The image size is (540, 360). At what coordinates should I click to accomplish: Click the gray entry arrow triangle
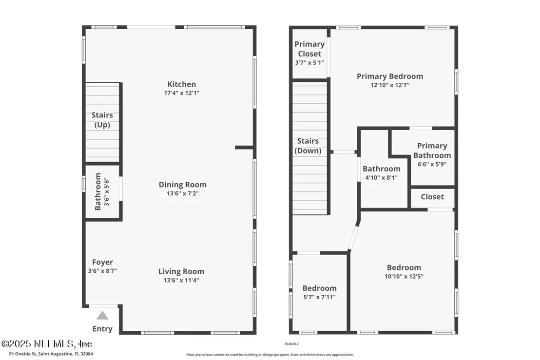pyautogui.click(x=102, y=316)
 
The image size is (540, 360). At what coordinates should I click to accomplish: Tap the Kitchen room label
pyautogui.click(x=181, y=84)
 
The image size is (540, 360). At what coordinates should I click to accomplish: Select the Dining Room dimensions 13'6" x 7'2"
pyautogui.click(x=183, y=193)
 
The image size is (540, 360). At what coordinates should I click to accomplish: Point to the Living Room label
pyautogui.click(x=181, y=271)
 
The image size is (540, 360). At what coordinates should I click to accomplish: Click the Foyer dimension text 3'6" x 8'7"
pyautogui.click(x=102, y=271)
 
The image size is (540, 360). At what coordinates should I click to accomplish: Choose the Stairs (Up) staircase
pyautogui.click(x=102, y=122)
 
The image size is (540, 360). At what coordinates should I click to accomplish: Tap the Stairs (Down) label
pyautogui.click(x=308, y=146)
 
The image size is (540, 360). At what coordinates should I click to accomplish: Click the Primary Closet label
pyautogui.click(x=309, y=49)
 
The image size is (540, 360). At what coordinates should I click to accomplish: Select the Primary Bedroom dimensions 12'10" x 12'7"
pyautogui.click(x=390, y=85)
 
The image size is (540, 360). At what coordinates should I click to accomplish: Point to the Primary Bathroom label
pyautogui.click(x=432, y=151)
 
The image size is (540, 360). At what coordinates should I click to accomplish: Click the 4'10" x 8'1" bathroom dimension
pyautogui.click(x=381, y=178)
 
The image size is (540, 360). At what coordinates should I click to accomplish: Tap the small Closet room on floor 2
pyautogui.click(x=433, y=198)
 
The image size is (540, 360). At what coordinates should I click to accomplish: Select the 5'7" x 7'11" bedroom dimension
pyautogui.click(x=319, y=297)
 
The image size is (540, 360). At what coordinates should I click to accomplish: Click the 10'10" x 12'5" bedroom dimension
pyautogui.click(x=404, y=276)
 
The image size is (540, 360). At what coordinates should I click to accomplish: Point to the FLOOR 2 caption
pyautogui.click(x=292, y=344)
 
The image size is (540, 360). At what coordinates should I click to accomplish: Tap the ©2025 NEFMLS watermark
pyautogui.click(x=47, y=344)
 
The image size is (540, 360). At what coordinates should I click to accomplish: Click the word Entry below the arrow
pyautogui.click(x=102, y=329)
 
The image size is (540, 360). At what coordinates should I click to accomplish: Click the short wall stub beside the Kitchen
pyautogui.click(x=245, y=147)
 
